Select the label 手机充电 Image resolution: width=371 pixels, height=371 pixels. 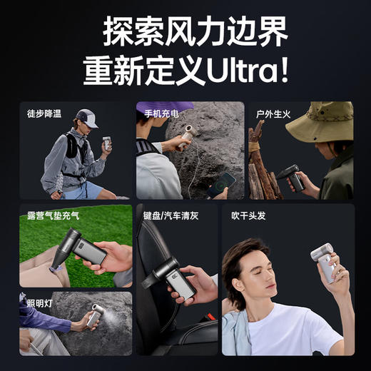click(x=159, y=112)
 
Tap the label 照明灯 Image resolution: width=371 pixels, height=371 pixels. click(x=34, y=303)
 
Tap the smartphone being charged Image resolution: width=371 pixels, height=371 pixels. click(x=225, y=183)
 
